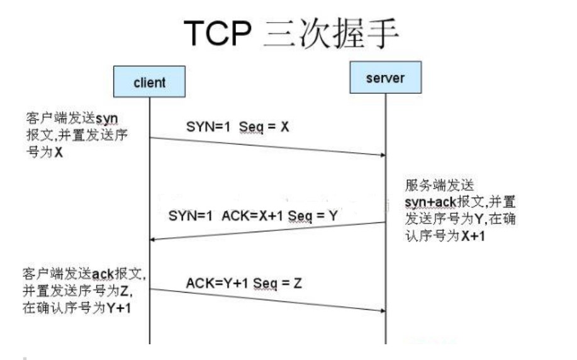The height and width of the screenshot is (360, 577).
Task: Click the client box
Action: (149, 81)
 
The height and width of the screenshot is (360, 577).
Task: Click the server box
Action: (386, 77)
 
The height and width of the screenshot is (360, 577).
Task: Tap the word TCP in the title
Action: (217, 33)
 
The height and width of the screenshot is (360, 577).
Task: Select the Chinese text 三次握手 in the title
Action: (331, 33)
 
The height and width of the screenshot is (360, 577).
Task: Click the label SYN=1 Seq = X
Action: (237, 127)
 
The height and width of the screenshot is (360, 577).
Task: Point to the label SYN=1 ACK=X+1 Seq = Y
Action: (253, 216)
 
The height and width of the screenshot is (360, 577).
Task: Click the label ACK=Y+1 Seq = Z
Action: (244, 283)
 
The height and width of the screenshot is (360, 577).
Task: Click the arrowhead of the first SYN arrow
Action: (383, 155)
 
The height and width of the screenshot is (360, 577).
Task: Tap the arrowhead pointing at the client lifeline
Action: (153, 240)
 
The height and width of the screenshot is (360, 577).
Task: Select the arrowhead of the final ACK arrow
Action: (383, 311)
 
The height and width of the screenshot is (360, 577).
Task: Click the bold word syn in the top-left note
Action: (107, 119)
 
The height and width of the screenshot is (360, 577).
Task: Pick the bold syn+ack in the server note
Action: (430, 202)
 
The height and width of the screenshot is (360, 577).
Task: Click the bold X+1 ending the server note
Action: (473, 235)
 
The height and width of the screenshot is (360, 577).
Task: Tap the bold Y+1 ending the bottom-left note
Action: (118, 308)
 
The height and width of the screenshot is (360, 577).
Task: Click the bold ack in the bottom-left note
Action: (103, 274)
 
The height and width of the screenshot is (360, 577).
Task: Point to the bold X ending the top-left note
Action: (58, 152)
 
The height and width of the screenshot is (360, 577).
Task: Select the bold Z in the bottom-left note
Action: (124, 291)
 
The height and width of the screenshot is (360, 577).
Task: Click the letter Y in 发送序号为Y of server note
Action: (478, 219)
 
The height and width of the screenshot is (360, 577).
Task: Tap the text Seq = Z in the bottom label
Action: (277, 283)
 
